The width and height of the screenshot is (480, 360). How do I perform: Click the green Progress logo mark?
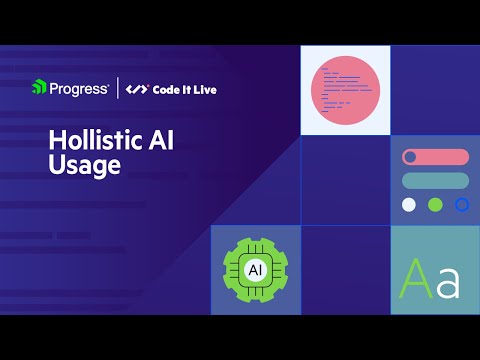(38, 88)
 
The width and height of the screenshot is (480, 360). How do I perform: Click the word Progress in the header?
(79, 88)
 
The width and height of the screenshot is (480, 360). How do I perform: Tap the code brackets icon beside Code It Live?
(137, 89)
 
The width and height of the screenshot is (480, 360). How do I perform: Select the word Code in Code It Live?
(166, 89)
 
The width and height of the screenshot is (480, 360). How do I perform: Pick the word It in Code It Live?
(186, 89)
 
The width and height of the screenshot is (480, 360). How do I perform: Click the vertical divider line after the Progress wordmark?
(120, 88)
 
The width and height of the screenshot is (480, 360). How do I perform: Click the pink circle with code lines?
(345, 89)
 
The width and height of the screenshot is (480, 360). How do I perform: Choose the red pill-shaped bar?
(435, 157)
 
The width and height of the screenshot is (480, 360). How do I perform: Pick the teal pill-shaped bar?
(435, 180)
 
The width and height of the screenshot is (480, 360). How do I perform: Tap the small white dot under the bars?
(408, 204)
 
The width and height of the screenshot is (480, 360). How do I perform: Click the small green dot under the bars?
(435, 204)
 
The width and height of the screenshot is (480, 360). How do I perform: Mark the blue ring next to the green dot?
(462, 204)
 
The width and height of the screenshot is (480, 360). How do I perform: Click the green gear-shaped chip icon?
(255, 270)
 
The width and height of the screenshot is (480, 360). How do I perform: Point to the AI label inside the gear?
(255, 271)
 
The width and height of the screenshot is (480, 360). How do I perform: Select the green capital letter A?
(416, 279)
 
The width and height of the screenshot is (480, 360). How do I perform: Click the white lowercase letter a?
(448, 284)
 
